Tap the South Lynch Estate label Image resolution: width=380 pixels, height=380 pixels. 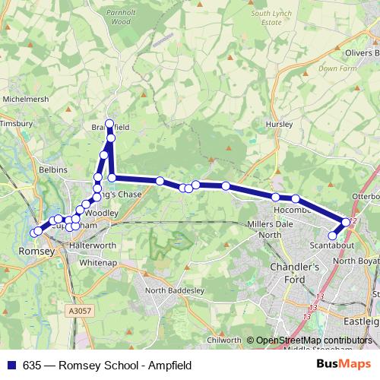271,18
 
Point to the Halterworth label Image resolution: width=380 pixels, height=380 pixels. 92,246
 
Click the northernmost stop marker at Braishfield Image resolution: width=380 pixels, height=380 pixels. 109,123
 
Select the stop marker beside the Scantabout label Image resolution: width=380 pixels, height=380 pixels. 332,236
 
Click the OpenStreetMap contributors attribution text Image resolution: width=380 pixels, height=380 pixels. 314,340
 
